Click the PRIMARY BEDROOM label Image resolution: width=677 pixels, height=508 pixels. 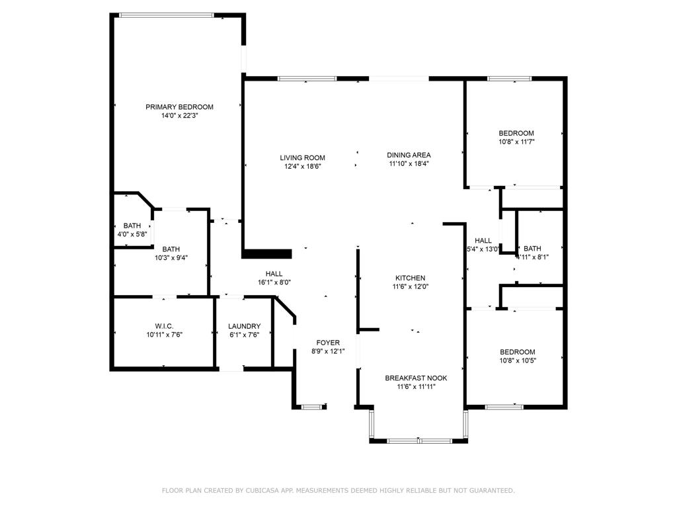tap(179, 106)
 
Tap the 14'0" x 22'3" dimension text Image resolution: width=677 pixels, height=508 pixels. tap(179, 116)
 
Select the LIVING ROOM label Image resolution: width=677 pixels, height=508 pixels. tap(302, 157)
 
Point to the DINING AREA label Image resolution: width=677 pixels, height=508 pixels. tap(409, 155)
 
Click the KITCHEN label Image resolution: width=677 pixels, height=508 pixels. tap(410, 278)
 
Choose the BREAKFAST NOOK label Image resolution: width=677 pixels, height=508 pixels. tap(416, 378)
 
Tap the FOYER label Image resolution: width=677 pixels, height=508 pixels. tap(328, 343)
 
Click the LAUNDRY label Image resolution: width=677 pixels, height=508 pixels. tap(244, 326)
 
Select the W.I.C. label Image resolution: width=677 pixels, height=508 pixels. tap(164, 326)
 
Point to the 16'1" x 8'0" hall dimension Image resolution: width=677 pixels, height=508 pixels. tap(274, 282)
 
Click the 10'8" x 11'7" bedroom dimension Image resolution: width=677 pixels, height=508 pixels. tap(516, 142)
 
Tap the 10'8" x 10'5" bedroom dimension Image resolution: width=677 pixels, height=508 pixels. tap(517, 360)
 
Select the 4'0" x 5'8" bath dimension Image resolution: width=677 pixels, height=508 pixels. tap(132, 234)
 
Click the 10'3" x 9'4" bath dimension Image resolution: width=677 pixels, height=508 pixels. tap(171, 258)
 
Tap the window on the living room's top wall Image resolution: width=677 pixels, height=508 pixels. tap(307, 79)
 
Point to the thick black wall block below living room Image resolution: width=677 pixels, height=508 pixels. tap(268, 253)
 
